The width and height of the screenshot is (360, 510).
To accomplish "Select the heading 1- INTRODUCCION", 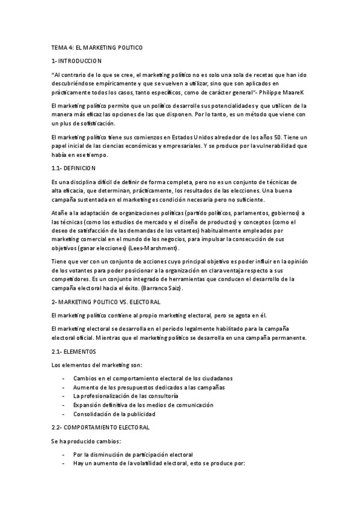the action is tap(77, 61).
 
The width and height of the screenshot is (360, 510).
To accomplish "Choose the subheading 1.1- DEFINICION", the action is tap(74, 168).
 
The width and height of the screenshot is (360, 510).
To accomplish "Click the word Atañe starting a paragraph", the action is tap(60, 213).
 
